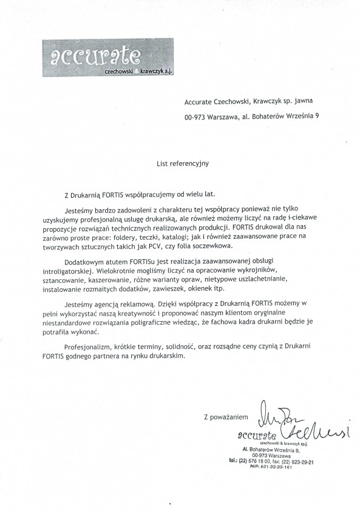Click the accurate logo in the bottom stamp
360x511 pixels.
[x=258, y=435]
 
